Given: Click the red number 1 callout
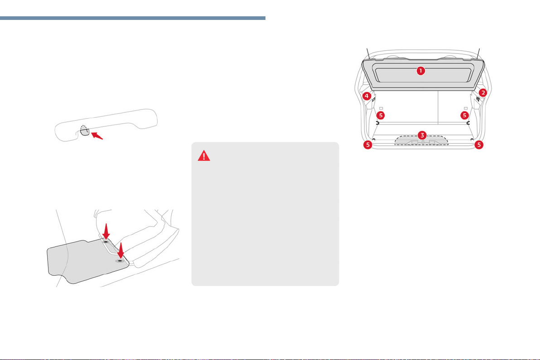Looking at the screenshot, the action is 420,71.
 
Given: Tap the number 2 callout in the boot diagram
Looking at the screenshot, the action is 483,92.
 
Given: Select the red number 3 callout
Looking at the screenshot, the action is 422,135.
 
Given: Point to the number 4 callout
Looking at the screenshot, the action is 366,96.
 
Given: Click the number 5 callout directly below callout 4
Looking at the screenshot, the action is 380,115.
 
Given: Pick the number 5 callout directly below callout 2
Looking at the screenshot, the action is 465,115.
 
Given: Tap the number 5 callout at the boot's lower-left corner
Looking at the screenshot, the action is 368,145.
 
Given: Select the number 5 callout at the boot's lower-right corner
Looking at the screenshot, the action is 479,145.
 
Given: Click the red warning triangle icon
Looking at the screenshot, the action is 204,156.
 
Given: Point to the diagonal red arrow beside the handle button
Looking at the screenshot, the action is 97,135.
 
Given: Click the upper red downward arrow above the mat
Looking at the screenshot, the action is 106,231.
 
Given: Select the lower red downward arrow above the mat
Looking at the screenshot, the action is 120,250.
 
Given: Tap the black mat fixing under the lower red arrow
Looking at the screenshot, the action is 120,261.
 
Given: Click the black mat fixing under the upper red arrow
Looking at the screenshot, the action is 106,242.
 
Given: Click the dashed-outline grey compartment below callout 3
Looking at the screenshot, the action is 421,140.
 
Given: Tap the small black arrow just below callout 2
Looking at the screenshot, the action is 478,99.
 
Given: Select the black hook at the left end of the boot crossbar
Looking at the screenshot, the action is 377,123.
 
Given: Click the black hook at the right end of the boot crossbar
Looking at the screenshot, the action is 468,123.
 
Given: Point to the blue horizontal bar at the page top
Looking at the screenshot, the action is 133,18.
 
